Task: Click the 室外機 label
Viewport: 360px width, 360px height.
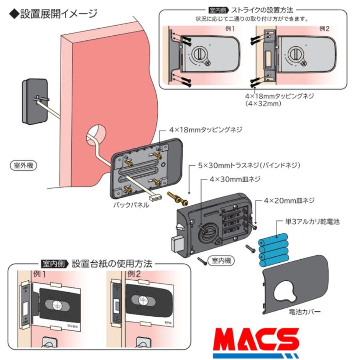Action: pos(23,165)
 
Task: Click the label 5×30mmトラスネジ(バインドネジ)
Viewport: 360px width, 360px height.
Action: pos(249,165)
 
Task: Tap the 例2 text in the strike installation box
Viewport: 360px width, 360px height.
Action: pos(325,29)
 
